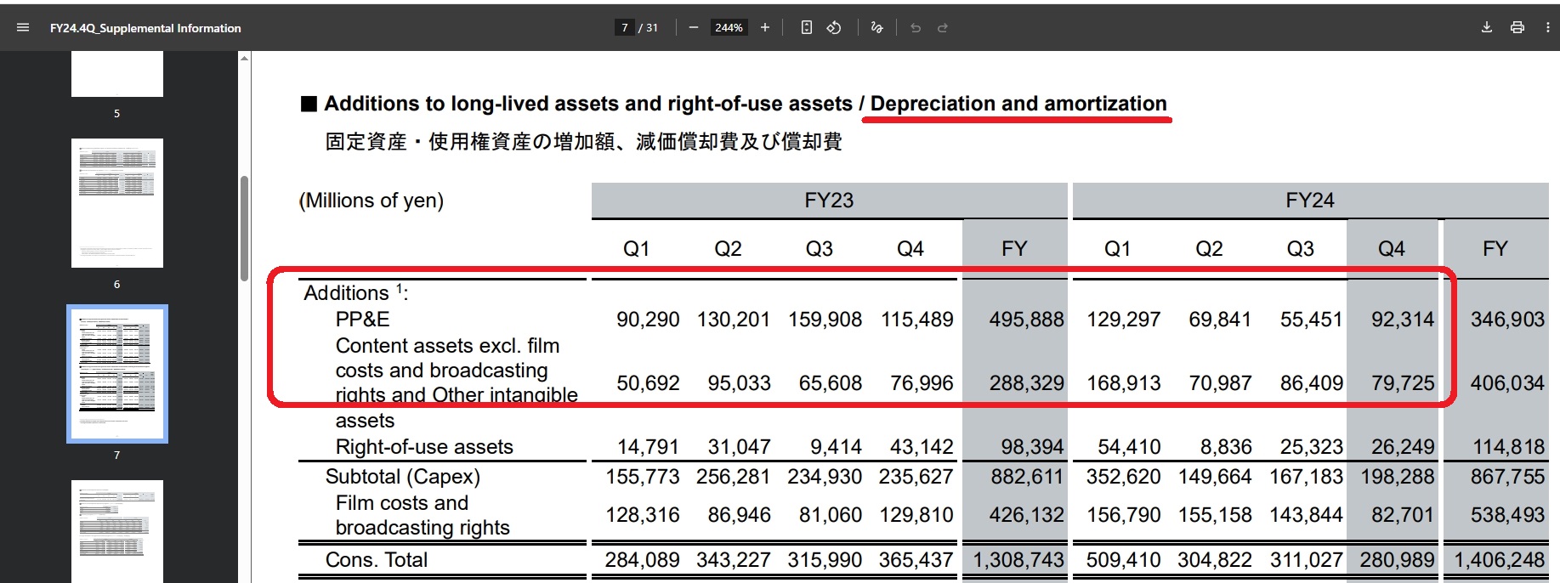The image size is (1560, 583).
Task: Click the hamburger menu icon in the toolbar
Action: click(23, 28)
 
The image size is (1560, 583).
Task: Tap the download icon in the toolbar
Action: click(1486, 27)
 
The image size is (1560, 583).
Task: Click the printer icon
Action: click(1517, 27)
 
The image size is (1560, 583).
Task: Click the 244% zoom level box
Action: click(729, 28)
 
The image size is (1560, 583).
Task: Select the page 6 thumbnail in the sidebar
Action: click(117, 203)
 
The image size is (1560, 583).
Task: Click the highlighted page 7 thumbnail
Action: click(117, 374)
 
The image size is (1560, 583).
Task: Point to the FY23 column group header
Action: click(829, 201)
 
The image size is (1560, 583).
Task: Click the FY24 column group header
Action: click(1309, 201)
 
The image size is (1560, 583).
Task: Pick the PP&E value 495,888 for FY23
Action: click(1026, 320)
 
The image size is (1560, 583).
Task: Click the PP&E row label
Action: click(362, 320)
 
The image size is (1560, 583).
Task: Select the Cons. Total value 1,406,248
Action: click(1499, 560)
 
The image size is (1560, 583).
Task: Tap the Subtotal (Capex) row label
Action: click(402, 477)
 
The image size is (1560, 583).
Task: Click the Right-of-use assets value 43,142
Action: click(921, 447)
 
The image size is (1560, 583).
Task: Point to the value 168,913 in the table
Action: click(1123, 383)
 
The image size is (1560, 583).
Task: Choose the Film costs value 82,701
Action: click(1402, 515)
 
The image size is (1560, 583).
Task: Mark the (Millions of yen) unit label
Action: click(372, 201)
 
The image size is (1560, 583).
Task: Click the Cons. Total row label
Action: click(376, 560)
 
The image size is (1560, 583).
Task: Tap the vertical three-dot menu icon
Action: click(1547, 27)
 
